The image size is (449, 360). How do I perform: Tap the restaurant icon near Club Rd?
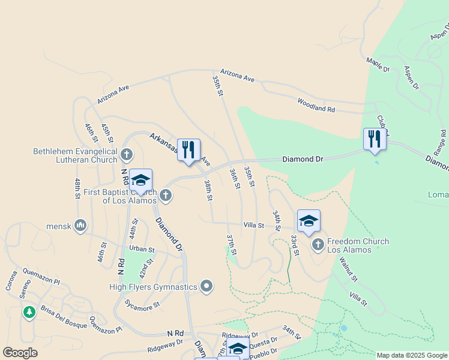(375, 139)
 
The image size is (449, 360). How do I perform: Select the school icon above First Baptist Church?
(140, 180)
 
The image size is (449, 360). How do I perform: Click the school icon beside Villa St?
(309, 221)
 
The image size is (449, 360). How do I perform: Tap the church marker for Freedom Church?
(318, 244)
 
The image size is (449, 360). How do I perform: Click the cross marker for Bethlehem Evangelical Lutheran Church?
(126, 155)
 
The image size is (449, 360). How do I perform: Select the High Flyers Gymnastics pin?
(206, 286)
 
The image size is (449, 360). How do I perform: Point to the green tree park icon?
(29, 312)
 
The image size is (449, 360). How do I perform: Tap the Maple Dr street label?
(378, 65)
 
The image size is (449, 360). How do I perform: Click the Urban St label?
(142, 249)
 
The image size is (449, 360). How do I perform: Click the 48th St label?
(77, 188)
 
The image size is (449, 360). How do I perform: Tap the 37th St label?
(231, 244)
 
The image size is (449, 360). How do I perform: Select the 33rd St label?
(295, 245)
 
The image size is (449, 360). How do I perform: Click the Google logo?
(20, 352)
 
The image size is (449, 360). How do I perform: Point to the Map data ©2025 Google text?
(411, 355)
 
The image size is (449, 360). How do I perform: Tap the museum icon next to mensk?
(80, 226)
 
